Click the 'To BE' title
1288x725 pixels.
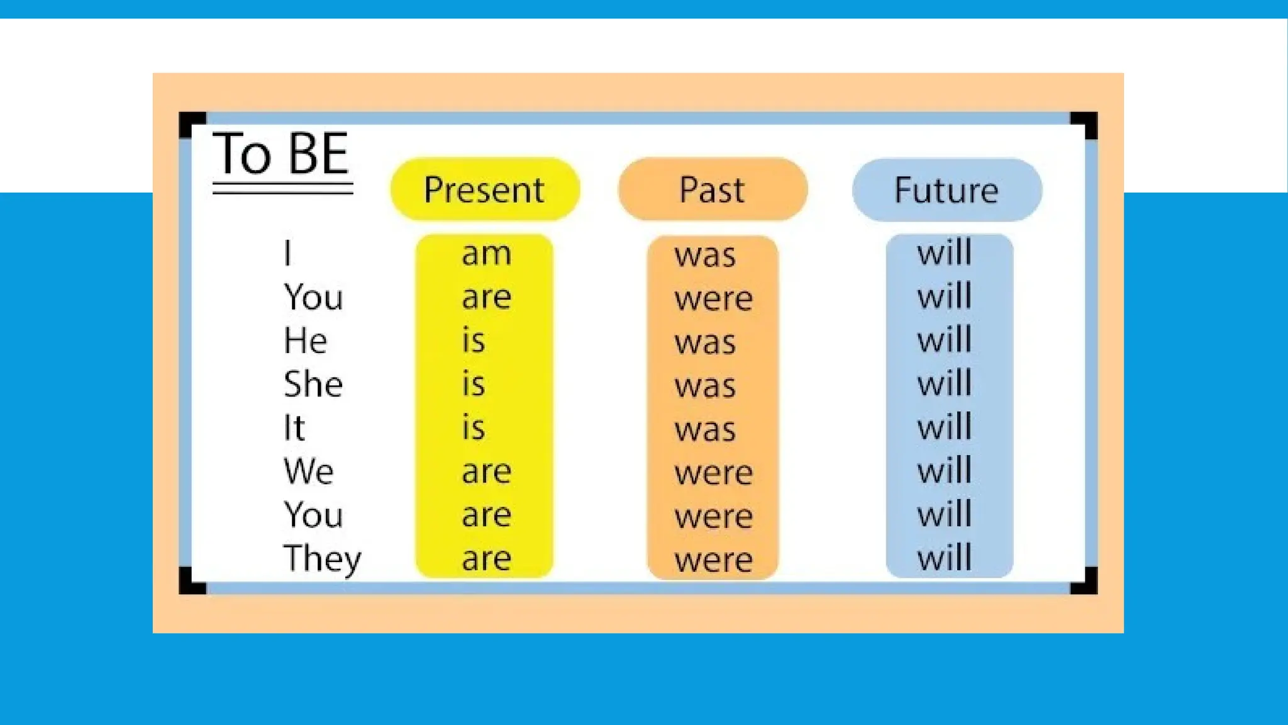[281, 155]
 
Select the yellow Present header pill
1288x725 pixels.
[484, 189]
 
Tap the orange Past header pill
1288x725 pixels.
[713, 189]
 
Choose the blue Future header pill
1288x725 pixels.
[947, 190]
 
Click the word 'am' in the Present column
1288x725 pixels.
[486, 254]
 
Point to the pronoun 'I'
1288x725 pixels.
[287, 254]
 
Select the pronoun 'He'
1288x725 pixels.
[305, 341]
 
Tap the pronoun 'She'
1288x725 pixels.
[313, 385]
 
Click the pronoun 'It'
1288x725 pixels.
[294, 428]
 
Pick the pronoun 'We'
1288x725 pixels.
[308, 471]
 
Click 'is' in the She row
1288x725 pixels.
[474, 385]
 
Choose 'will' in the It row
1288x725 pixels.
[945, 427]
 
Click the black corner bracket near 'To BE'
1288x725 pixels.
[191, 123]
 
